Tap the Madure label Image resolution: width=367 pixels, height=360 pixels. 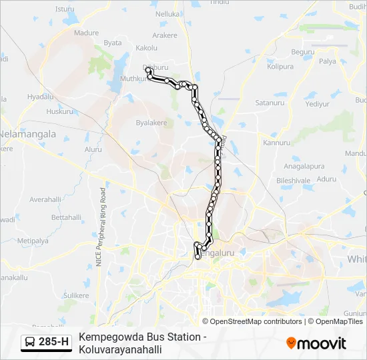(86, 33)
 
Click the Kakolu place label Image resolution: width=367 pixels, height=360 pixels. (146, 48)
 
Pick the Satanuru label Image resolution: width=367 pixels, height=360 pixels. (270, 103)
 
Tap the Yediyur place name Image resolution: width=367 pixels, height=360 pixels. (317, 104)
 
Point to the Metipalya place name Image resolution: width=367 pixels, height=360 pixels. (33, 241)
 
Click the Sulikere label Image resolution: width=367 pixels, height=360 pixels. (75, 295)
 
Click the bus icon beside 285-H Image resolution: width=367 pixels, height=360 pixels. (31, 343)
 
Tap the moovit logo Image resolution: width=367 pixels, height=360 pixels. (316, 343)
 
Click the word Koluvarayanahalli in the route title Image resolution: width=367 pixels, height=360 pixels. (120, 349)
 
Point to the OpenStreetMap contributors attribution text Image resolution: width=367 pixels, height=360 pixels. (257, 321)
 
